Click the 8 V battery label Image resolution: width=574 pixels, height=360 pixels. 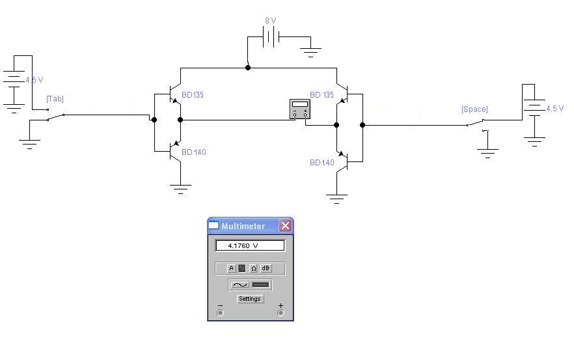pos(270,21)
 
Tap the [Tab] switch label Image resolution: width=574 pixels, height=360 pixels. pos(55,99)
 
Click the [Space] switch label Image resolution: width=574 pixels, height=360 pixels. pos(474,109)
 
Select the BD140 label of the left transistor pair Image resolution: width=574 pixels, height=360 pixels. pos(194,152)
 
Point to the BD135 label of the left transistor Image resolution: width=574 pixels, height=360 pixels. pos(193,95)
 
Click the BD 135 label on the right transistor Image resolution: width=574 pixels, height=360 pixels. pos(321,95)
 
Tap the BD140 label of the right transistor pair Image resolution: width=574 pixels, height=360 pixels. pos(322,163)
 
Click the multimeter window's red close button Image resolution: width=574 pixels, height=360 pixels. pos(285,226)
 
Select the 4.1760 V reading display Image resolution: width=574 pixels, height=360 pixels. pos(250,246)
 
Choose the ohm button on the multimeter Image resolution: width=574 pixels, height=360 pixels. pos(254,268)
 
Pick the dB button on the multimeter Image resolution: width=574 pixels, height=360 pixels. pos(266,268)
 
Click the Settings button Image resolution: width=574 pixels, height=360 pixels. pos(249,299)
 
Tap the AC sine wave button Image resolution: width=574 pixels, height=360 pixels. pos(240,284)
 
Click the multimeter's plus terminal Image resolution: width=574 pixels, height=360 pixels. pos(280,312)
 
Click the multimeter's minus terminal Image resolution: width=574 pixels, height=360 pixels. pos(220,312)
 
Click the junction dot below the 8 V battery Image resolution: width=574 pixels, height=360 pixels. pos(247,67)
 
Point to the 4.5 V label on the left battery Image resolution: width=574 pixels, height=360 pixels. pos(34,80)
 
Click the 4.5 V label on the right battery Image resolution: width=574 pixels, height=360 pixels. pos(555,109)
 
